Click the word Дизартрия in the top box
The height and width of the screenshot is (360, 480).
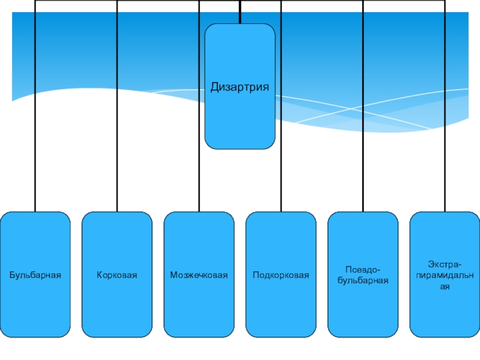tap(239, 87)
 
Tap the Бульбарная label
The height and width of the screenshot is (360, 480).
tap(35, 275)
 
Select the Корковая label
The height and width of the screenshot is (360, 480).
tap(117, 275)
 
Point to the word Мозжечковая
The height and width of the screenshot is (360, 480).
tap(199, 275)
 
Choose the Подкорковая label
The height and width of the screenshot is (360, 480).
tap(280, 275)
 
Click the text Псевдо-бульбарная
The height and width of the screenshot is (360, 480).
tap(362, 275)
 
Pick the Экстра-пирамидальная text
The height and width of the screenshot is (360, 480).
tap(445, 275)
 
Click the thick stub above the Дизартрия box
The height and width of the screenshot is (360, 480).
tap(240, 14)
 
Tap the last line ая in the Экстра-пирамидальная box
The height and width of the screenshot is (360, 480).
tap(445, 287)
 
